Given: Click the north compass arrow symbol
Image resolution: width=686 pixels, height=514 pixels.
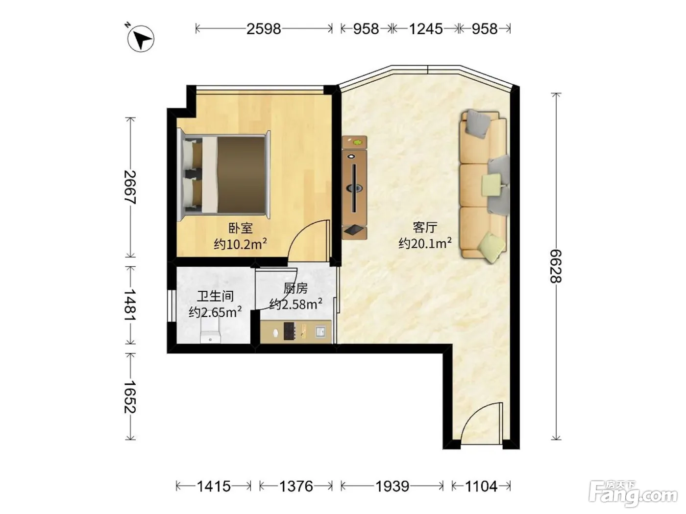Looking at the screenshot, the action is (x=141, y=38).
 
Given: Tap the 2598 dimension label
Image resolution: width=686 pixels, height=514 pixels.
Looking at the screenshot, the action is (x=264, y=29).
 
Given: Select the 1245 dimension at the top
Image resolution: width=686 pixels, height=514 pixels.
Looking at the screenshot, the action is (x=426, y=29).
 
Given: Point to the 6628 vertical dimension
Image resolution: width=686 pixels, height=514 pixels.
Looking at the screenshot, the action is (x=556, y=266).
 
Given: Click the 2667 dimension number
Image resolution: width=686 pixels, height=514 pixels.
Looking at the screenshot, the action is (x=130, y=187).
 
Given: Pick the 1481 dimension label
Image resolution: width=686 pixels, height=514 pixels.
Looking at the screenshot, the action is (x=130, y=305).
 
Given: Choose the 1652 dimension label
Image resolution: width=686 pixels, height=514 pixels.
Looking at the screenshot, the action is (x=130, y=397).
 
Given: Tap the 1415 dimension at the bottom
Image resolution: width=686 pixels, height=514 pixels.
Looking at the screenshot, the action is (x=214, y=486).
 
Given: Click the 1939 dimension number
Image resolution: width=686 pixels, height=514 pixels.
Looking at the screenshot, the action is (x=392, y=486).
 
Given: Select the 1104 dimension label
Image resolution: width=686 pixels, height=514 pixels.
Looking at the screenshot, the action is (x=481, y=486).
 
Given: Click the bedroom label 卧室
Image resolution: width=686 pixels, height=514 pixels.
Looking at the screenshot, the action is (x=240, y=228).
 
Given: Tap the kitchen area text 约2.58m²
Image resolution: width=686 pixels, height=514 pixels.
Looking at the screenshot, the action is (x=295, y=304).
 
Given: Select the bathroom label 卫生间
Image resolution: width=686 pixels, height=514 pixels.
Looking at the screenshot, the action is (x=216, y=296).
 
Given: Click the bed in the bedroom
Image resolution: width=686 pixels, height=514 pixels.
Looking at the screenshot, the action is (x=224, y=176).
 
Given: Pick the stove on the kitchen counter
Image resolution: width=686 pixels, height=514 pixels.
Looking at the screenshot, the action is (x=290, y=331).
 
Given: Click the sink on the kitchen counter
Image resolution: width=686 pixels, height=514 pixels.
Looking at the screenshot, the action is (x=320, y=331).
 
